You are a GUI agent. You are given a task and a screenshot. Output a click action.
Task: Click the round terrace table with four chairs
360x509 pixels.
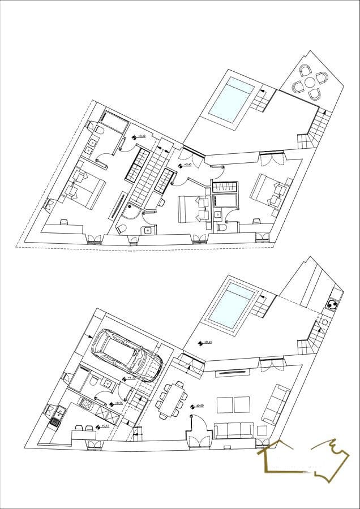coord(310,82)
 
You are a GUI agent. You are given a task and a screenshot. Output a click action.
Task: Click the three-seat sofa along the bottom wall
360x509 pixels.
coord(233,431)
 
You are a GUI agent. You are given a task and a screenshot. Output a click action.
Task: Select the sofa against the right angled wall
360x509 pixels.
coord(274,404)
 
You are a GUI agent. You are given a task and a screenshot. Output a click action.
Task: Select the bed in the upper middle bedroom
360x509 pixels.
coord(192,210)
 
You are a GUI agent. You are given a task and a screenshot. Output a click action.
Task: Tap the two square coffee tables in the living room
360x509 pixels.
coord(234,405)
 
